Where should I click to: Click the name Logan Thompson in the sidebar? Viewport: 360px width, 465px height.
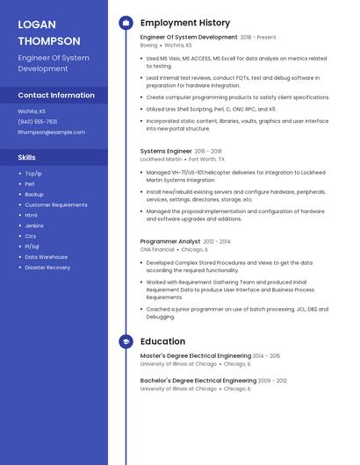49,32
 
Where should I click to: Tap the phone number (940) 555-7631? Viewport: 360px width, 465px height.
38,122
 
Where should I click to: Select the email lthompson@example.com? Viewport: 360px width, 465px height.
52,132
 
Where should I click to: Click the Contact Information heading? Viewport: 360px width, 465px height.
56,95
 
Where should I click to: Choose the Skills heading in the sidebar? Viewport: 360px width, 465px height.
27,157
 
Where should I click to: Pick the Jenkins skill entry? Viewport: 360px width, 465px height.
34,225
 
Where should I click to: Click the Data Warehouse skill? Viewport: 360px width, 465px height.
46,257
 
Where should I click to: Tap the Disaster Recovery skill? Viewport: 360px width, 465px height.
47,268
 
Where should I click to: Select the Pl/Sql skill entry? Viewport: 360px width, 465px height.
33,247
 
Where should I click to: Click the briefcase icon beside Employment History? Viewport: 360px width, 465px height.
126,23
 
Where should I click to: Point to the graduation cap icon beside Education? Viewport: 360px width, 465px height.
126,341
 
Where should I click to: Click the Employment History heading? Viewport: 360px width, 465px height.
185,23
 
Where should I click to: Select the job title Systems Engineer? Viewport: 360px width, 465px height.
166,151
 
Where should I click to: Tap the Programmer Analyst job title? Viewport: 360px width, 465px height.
170,241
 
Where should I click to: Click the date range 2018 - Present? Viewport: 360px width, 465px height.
258,38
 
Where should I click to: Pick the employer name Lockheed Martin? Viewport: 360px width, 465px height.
161,160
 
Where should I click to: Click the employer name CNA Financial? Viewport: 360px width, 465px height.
157,249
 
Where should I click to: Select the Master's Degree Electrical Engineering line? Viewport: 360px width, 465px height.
196,356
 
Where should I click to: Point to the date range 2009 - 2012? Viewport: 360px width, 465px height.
272,381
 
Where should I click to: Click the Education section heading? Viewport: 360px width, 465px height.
162,341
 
